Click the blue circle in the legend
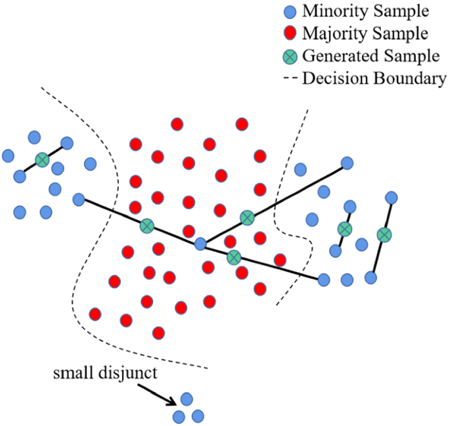click(290, 12)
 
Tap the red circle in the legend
click(290, 33)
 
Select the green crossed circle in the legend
click(290, 55)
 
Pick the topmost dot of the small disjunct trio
click(187, 398)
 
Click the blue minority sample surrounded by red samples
click(201, 244)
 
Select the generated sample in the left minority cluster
click(42, 160)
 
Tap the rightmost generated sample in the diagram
click(384, 234)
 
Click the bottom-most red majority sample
click(158, 333)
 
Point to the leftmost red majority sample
click(95, 314)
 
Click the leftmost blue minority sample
click(8, 156)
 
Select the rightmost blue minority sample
click(392, 197)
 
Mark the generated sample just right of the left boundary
click(146, 226)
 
